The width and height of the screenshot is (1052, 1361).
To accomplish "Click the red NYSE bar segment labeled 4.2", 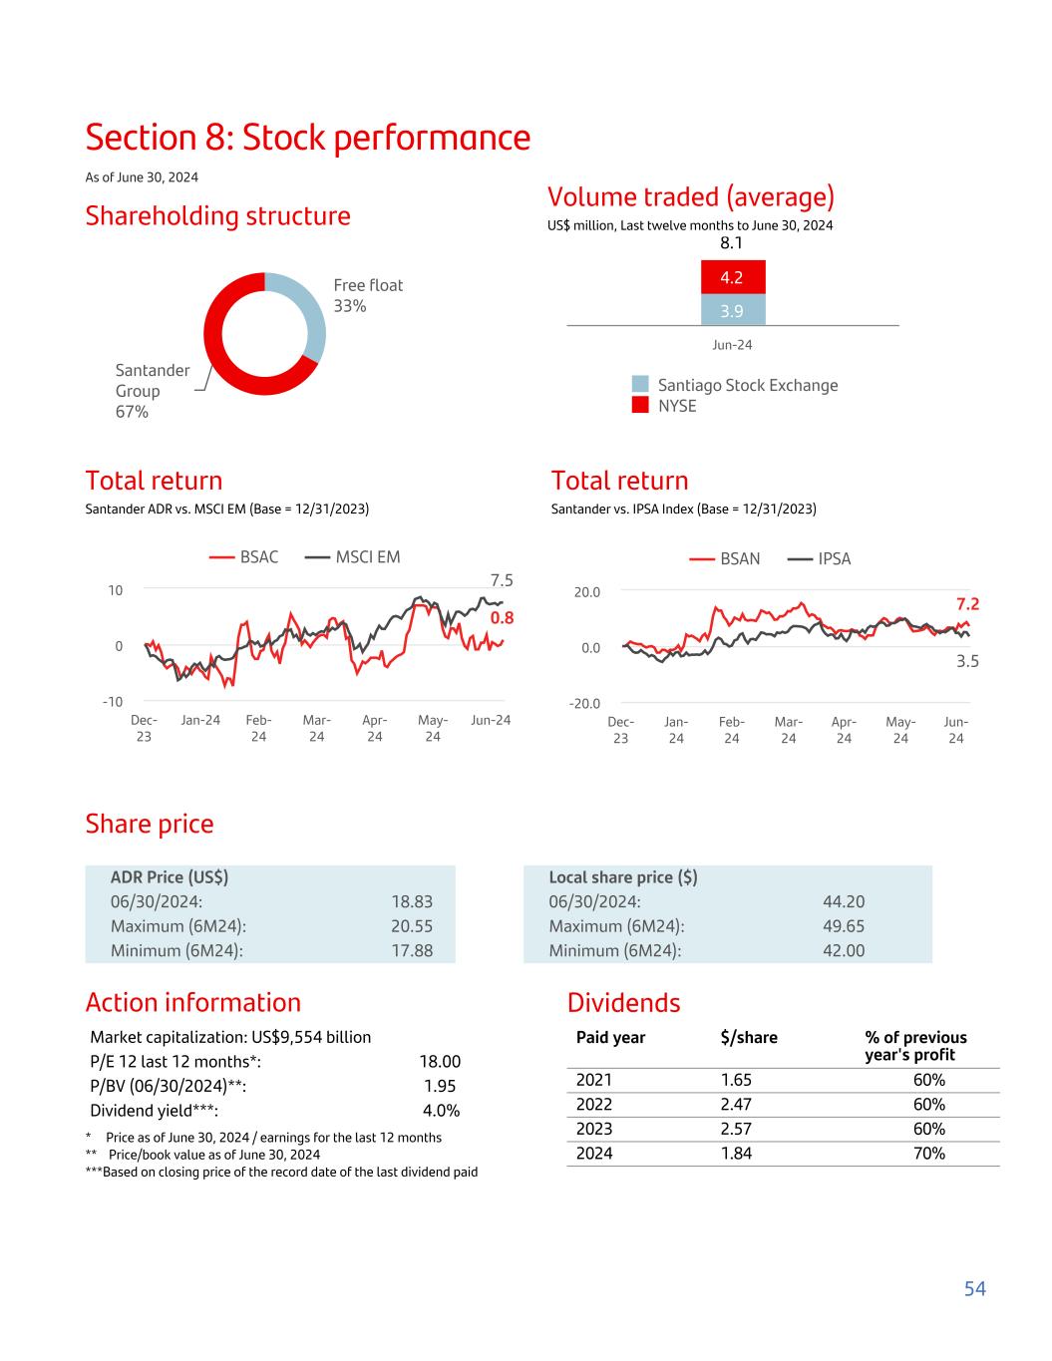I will click(732, 278).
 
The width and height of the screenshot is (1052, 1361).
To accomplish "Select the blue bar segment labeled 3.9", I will click(732, 310).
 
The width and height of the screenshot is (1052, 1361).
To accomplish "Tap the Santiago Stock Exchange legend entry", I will click(736, 385).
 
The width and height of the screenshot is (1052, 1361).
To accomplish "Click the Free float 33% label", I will click(367, 295).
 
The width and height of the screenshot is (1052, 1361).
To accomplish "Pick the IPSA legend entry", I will click(820, 558).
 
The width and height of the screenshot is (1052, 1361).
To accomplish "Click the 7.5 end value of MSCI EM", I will click(501, 580).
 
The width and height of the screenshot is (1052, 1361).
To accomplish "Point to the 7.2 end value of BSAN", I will click(967, 604).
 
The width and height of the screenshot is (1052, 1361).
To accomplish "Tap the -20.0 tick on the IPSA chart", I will click(585, 704).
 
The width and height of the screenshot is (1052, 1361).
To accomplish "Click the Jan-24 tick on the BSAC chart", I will click(200, 720).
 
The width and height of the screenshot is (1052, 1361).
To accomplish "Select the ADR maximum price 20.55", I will click(412, 926).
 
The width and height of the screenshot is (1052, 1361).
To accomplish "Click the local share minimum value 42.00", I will click(844, 950).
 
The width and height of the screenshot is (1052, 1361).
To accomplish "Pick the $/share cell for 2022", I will click(736, 1104).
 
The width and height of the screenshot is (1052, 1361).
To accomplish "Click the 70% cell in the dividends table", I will click(928, 1153).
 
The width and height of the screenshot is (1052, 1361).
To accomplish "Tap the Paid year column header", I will click(610, 1037).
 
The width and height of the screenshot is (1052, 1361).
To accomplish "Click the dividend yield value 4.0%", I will click(441, 1111).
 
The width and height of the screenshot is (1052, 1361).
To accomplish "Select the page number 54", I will click(974, 1288).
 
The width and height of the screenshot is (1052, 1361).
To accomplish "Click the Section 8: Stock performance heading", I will click(308, 138).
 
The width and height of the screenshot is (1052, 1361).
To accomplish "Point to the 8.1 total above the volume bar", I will click(731, 243).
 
